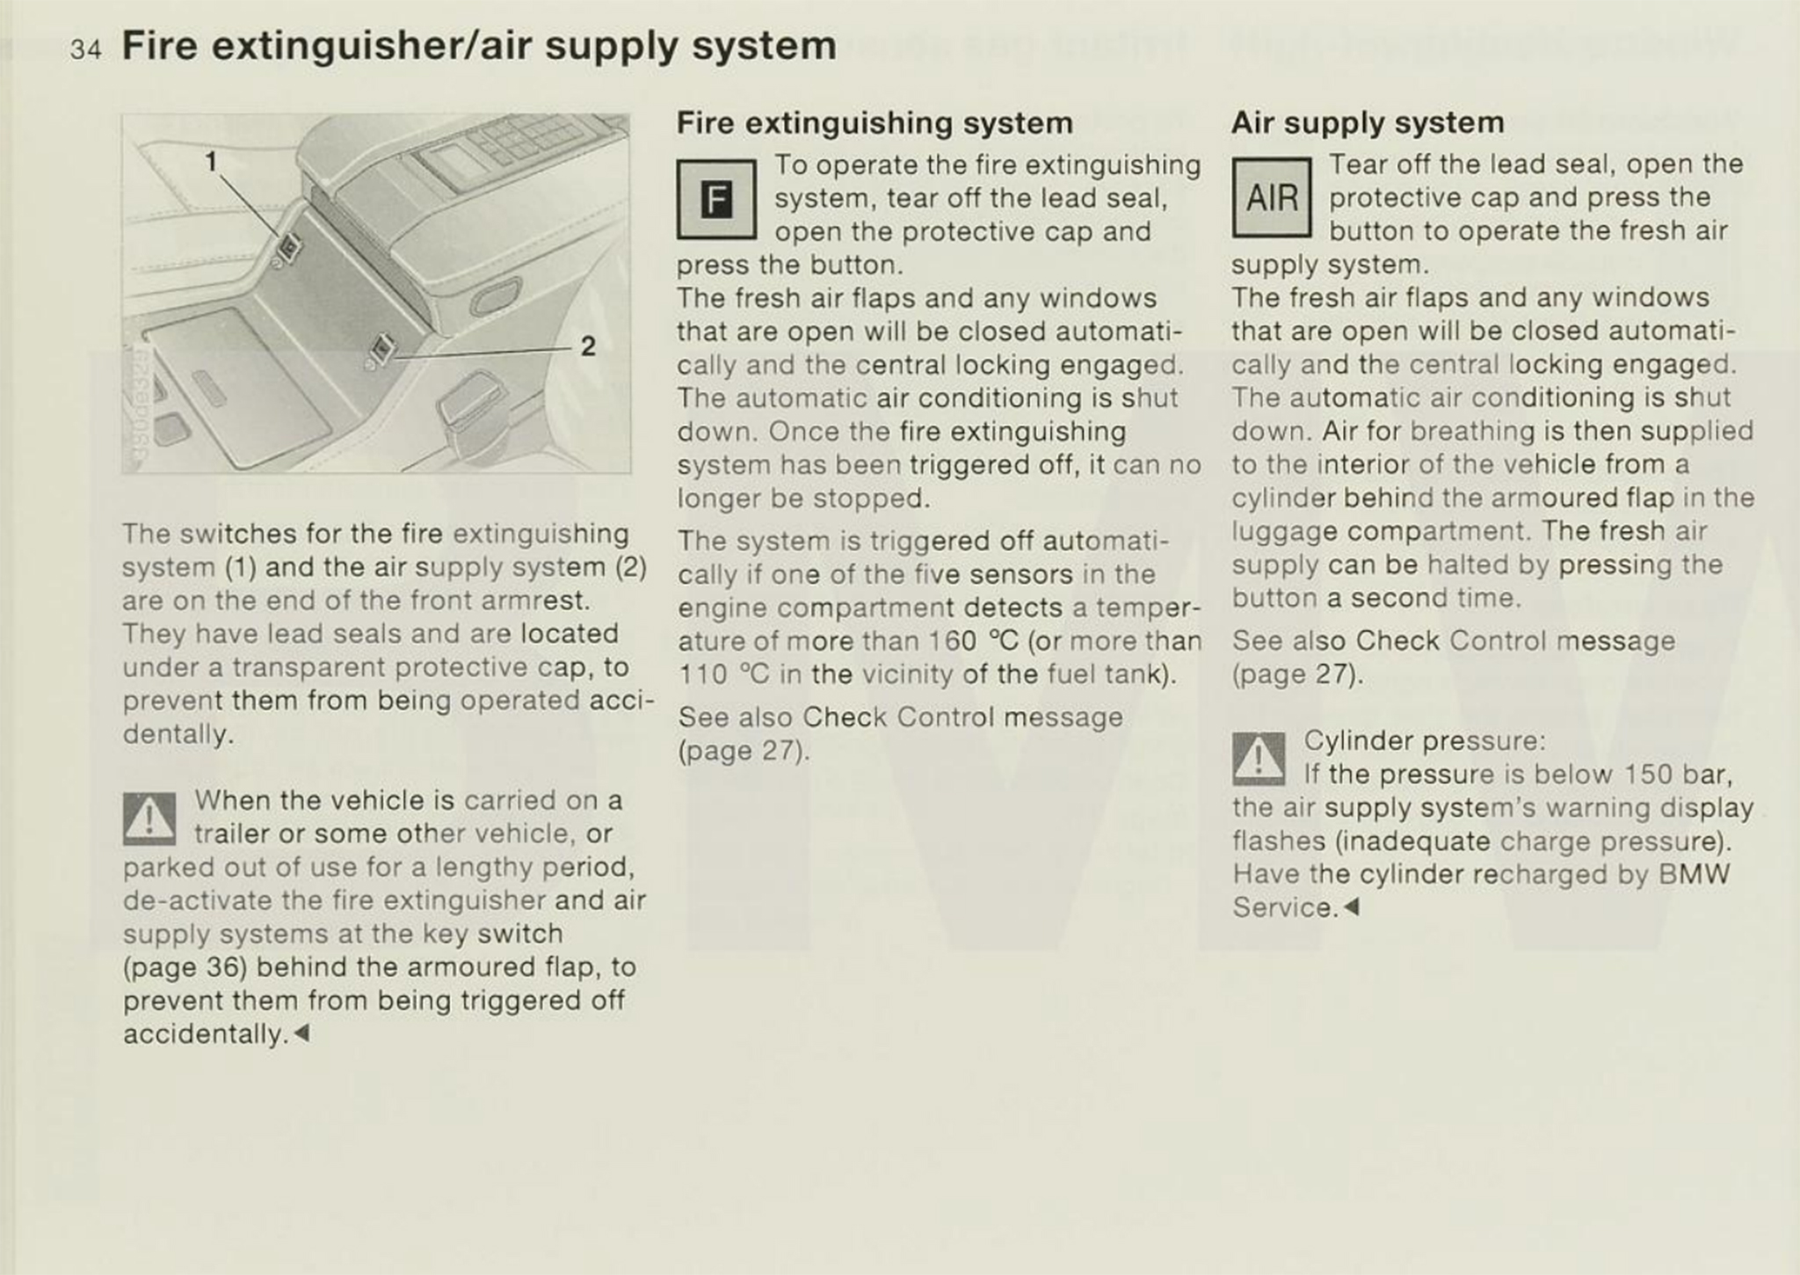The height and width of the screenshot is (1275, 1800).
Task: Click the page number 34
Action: [x=85, y=49]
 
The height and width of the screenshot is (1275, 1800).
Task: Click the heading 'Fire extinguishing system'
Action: [x=875, y=122]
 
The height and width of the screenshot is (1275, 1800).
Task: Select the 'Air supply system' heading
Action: [x=1368, y=122]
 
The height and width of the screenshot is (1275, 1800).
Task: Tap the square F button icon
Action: [x=716, y=200]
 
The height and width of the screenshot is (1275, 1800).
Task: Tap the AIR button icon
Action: [x=1271, y=198]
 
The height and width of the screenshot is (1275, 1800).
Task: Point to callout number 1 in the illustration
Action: [x=211, y=161]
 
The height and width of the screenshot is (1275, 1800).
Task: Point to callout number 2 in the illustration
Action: [x=588, y=346]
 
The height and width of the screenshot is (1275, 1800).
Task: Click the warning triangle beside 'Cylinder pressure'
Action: [x=1259, y=758]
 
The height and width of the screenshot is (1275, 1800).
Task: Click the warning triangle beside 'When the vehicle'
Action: [x=149, y=819]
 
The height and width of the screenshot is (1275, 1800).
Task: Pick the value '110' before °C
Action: [x=703, y=674]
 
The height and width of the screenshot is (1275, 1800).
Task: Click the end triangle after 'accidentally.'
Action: [x=301, y=1033]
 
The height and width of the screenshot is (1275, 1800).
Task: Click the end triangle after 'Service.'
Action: [x=1351, y=907]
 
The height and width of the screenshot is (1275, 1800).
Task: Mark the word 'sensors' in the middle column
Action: [x=1020, y=575]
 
